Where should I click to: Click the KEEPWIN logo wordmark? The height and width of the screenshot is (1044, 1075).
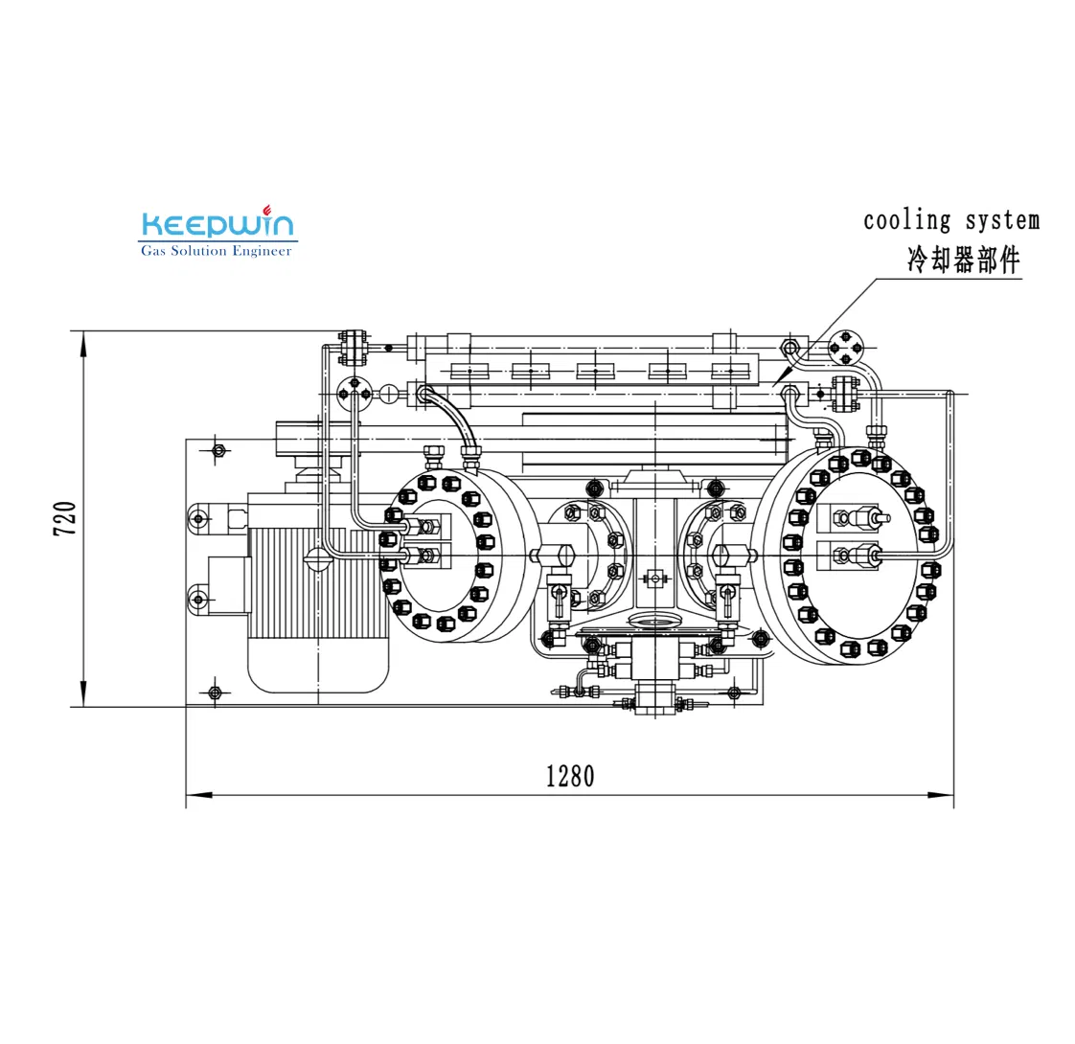(217, 224)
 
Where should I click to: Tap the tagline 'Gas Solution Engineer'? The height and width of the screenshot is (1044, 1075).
(216, 251)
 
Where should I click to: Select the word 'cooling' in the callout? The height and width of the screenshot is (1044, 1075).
(906, 221)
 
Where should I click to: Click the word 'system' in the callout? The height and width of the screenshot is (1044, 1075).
(1002, 221)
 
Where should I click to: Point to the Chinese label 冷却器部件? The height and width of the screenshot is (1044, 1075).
(963, 261)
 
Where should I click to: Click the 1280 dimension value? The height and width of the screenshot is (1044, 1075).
(570, 777)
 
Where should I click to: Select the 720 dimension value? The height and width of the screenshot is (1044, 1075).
(65, 518)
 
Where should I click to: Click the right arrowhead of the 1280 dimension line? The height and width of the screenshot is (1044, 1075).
(941, 795)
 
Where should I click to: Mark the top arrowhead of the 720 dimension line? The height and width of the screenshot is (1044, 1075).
(83, 344)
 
